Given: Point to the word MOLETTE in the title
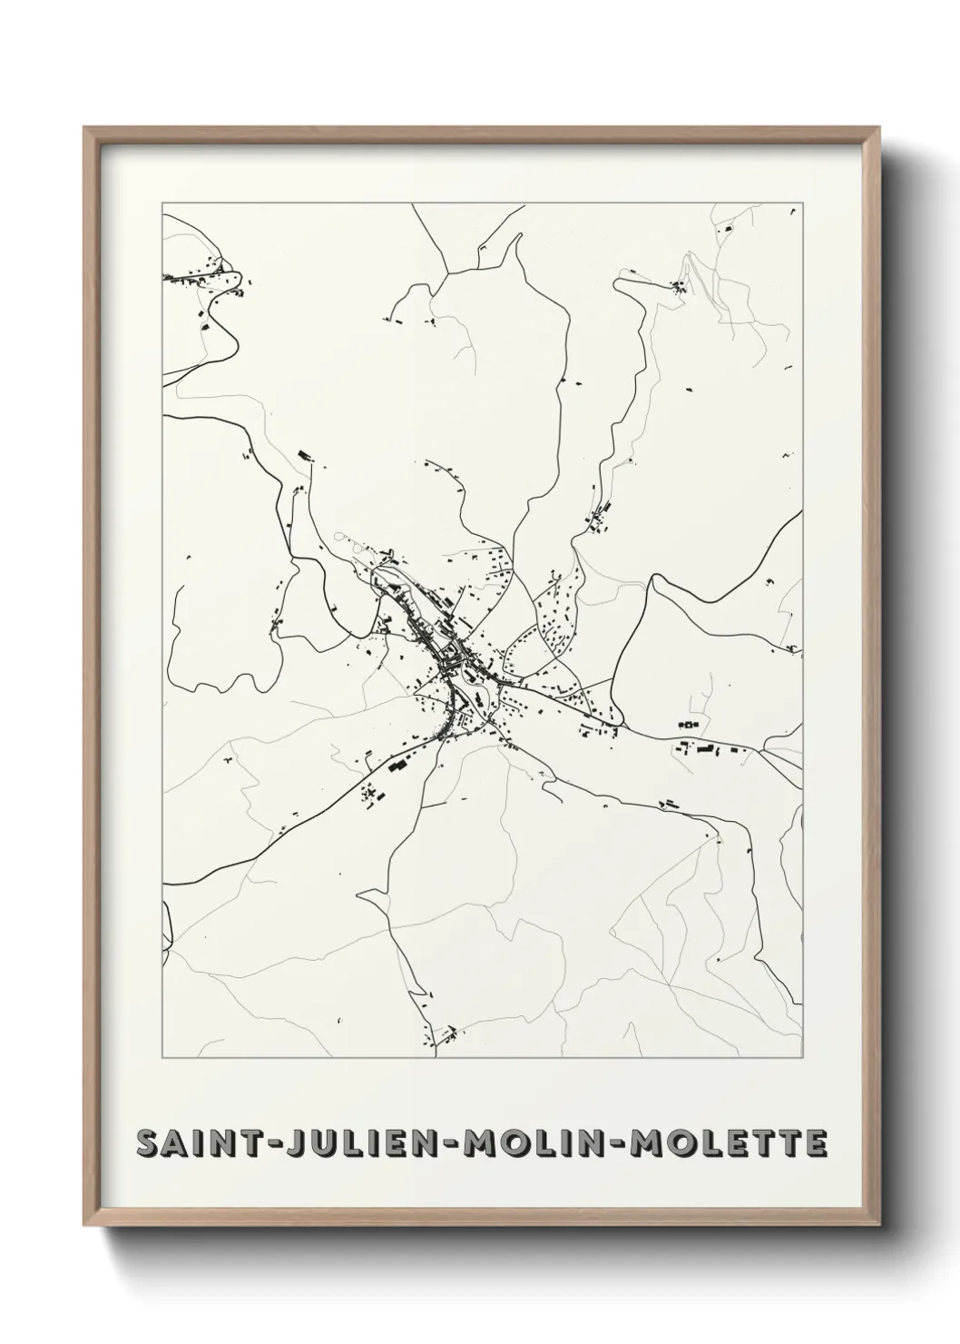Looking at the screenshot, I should [722, 1143].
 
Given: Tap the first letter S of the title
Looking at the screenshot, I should [146, 1143].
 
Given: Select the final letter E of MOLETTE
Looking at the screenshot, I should [814, 1143].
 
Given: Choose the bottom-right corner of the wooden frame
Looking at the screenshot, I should [878, 1228].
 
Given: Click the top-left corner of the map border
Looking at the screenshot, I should [163, 204].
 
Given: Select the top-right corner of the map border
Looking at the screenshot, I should [803, 204].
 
